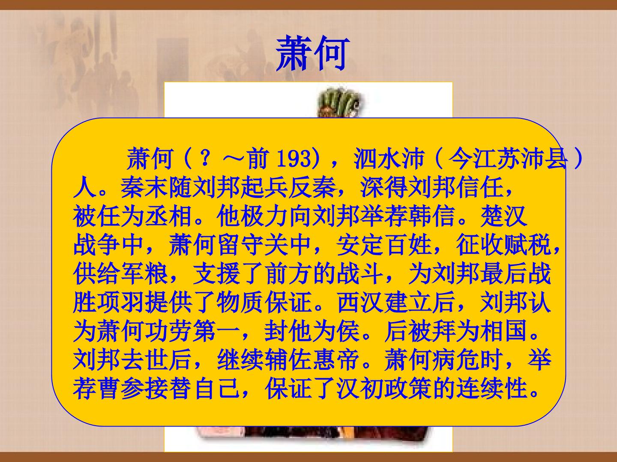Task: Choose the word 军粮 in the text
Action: coord(145,274)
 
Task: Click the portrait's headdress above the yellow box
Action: coord(337,103)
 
